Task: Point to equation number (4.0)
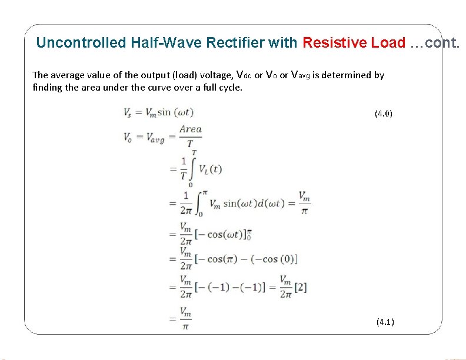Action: coord(383,114)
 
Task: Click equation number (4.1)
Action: coord(385,321)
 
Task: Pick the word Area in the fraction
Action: coord(191,129)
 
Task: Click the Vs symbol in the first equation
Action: coord(128,112)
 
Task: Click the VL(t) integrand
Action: coord(210,169)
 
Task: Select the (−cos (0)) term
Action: coord(272,259)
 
